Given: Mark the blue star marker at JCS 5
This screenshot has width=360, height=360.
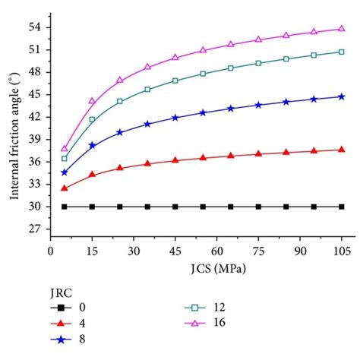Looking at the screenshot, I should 65,172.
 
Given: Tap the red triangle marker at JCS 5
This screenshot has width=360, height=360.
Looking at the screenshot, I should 65,188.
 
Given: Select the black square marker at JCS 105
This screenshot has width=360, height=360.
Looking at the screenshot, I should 341,207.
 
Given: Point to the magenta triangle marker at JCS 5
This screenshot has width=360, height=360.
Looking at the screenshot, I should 65,148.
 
